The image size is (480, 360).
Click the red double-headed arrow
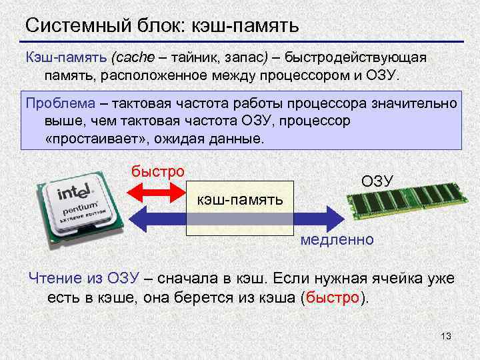(155, 193)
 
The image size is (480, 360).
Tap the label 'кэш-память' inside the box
(239, 200)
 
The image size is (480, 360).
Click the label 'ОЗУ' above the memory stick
(377, 181)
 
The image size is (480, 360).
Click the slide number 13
(446, 336)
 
